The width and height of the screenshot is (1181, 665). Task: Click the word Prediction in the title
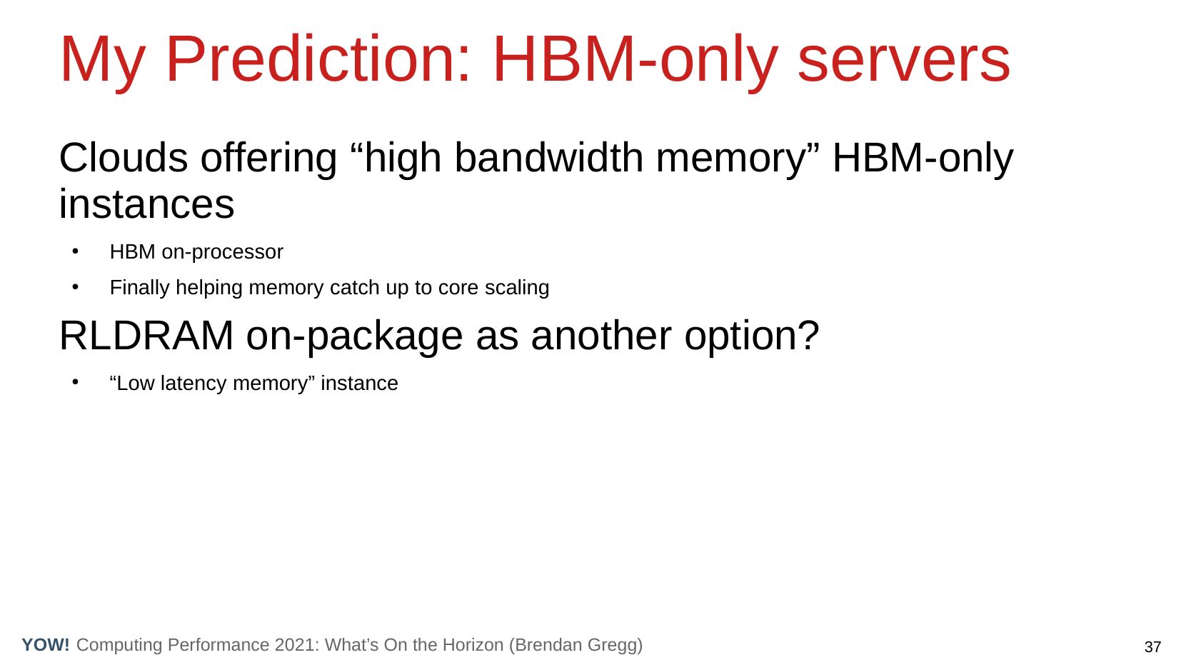coord(318,59)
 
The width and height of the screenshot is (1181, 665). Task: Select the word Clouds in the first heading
coord(124,157)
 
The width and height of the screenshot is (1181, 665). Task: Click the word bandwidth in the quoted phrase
coord(549,157)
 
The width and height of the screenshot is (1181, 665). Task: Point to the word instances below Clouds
coord(146,204)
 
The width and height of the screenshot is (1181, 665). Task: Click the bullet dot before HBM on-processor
coord(76,251)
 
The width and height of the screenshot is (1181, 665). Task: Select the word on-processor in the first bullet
coord(222,252)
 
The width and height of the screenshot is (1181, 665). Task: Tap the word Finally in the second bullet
coord(140,288)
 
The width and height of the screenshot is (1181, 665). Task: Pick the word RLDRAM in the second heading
coord(146,336)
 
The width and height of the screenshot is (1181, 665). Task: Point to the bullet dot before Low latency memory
coord(76,382)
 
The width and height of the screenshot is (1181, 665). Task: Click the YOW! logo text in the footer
coord(46,645)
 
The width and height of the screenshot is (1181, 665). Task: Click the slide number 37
coord(1152,647)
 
